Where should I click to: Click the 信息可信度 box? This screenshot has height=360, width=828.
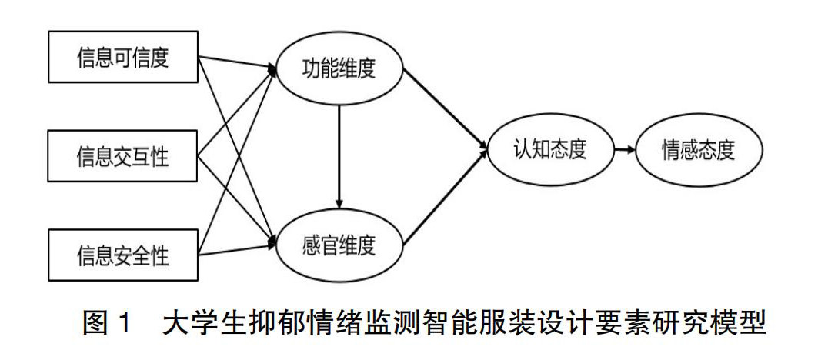(122, 58)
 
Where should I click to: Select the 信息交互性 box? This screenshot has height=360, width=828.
(122, 157)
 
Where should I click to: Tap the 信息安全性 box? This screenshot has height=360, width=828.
(122, 255)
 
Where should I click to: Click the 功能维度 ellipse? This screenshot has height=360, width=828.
(339, 68)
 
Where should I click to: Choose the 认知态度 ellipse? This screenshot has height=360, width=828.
(550, 149)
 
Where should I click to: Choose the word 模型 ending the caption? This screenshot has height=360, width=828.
(740, 323)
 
